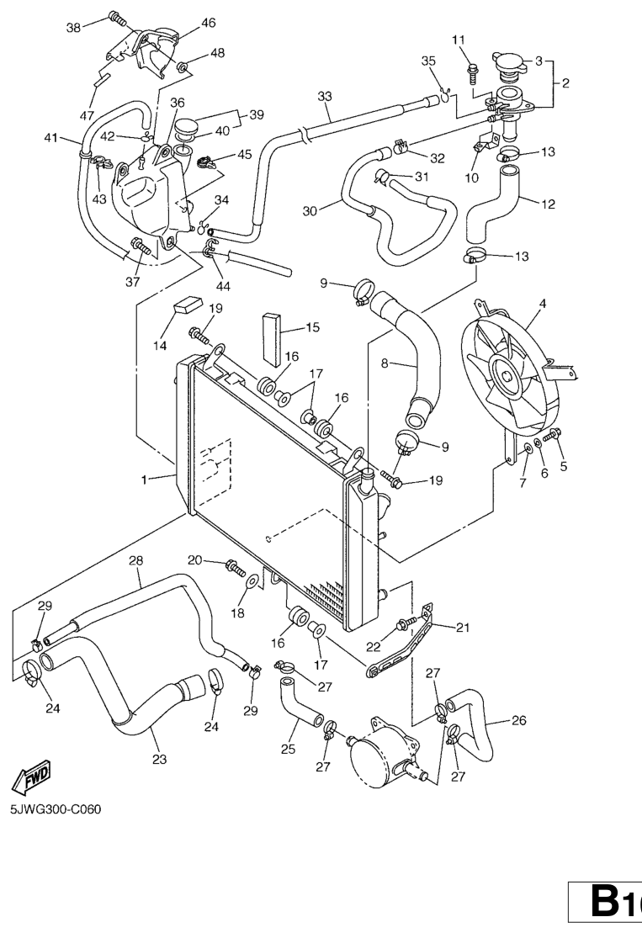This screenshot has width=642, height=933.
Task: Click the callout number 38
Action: pos(74,27)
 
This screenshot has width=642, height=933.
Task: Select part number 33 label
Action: pos(325,96)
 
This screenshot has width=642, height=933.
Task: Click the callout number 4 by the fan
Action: pos(542,303)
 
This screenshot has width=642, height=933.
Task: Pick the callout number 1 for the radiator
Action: pos(145,480)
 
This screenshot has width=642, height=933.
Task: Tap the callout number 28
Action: pos(135,560)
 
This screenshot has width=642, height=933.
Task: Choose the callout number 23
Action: pos(159,760)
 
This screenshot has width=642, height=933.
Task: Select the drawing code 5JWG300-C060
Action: pos(56,810)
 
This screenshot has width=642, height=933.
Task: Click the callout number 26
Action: pos(519,720)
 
